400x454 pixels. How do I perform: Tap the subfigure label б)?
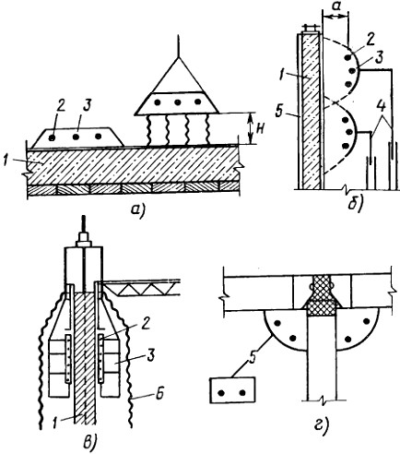(x=356, y=203)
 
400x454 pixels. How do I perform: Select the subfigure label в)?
(x=91, y=442)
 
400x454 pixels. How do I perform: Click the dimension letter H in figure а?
(x=260, y=129)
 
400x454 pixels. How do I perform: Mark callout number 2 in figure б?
(x=371, y=41)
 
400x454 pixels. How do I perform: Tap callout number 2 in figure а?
(x=60, y=106)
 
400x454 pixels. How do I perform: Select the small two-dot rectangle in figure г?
(x=232, y=390)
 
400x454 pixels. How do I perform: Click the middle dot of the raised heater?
(x=177, y=102)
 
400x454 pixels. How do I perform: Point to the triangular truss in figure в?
(x=141, y=288)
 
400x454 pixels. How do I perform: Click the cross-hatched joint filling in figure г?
(x=322, y=296)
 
